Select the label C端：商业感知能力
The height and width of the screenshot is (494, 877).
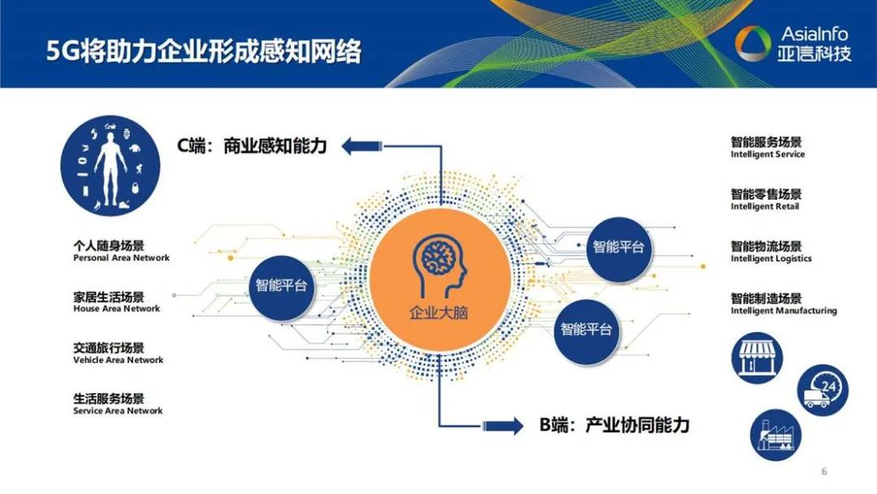252,146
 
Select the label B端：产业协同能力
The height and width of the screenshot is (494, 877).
614,424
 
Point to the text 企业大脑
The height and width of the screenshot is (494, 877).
439,313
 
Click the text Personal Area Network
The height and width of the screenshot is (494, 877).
121,258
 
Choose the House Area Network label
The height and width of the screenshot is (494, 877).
116,309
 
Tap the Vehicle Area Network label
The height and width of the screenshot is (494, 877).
118,360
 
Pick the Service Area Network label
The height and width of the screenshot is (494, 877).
118,411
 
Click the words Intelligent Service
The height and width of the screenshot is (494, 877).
767,154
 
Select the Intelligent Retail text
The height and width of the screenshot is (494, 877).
764,206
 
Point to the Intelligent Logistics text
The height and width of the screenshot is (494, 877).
771,258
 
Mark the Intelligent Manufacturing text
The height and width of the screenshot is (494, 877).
783,310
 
